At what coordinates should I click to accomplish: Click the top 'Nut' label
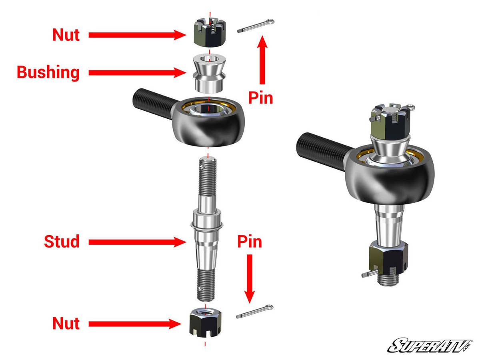(66, 35)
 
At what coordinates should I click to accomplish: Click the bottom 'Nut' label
(66, 323)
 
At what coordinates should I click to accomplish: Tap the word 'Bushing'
(48, 73)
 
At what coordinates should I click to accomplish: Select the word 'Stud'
(62, 242)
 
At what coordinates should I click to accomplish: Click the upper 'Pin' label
(260, 97)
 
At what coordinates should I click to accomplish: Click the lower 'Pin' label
(250, 242)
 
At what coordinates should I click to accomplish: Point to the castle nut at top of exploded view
(208, 34)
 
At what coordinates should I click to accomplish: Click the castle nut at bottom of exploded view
(205, 322)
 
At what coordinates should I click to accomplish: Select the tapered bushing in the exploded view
(208, 73)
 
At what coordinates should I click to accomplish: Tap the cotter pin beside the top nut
(255, 27)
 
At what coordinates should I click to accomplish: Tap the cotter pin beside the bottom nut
(255, 312)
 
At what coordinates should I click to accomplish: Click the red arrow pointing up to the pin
(262, 60)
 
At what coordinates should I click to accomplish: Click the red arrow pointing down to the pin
(250, 278)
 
